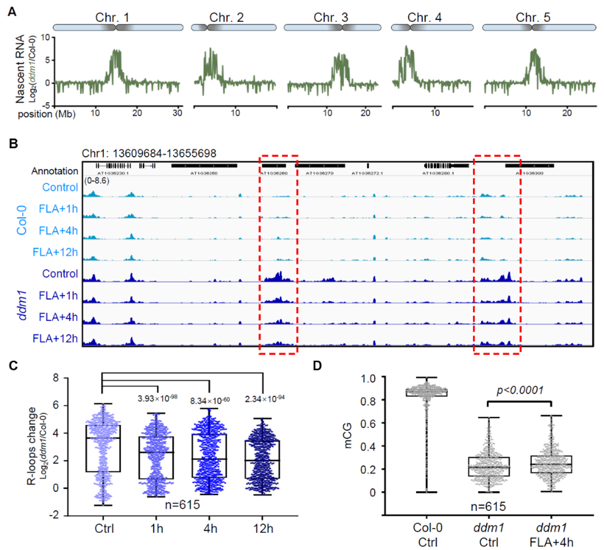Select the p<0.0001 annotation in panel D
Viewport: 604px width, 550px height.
(520, 390)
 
